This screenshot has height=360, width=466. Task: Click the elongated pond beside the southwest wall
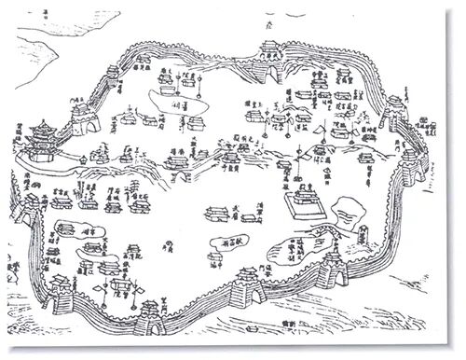(70, 229)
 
